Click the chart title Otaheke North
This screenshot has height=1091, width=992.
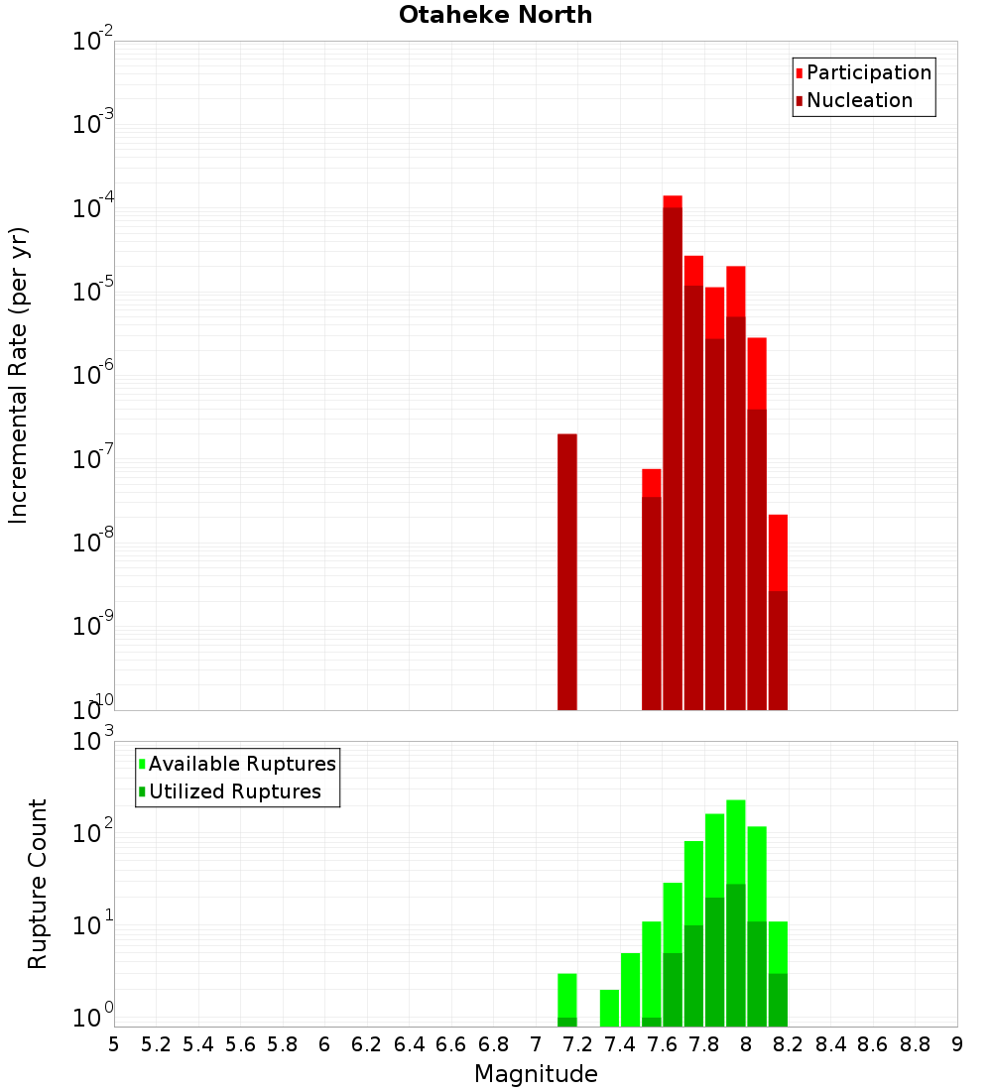tap(495, 15)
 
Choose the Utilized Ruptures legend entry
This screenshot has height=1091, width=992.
tap(234, 791)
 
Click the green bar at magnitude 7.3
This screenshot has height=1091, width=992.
tap(609, 1008)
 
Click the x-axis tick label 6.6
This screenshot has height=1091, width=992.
tap(451, 1044)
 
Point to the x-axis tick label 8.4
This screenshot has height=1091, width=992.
tap(831, 1044)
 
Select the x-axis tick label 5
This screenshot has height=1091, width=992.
tap(114, 1044)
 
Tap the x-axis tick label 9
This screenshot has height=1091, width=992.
tap(957, 1044)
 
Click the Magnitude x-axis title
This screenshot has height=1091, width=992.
tap(536, 1074)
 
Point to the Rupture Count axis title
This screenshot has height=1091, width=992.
tap(38, 884)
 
